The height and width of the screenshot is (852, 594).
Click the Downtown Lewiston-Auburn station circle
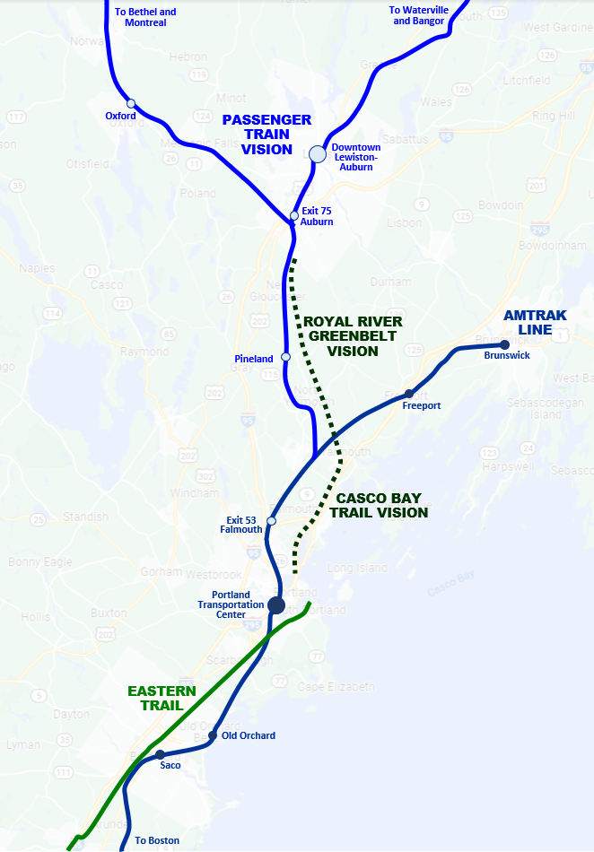click(318, 154)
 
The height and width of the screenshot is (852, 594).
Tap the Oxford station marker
click(131, 103)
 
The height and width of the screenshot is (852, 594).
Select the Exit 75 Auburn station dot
click(294, 215)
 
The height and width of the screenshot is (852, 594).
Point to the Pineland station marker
click(285, 357)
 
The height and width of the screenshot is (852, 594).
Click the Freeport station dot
click(409, 394)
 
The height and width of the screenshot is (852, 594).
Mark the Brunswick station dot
click(504, 344)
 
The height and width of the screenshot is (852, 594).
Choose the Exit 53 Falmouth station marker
click(272, 521)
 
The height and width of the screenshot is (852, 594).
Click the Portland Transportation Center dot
click(276, 604)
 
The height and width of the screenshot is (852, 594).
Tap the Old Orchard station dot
click(213, 735)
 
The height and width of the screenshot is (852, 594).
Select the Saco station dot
click(160, 754)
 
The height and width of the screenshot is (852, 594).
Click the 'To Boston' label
click(157, 840)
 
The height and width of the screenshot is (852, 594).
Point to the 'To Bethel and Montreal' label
click(145, 17)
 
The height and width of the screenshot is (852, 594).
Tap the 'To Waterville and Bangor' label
click(419, 15)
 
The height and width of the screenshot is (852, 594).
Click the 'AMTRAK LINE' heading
click(528, 322)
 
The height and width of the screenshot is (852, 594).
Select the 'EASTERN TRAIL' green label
click(162, 698)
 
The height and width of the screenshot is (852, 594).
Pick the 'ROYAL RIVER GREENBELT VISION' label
click(353, 336)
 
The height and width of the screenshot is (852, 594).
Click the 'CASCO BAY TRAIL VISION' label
click(379, 506)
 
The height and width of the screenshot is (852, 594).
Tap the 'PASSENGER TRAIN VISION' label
click(266, 135)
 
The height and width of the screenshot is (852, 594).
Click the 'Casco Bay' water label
click(450, 584)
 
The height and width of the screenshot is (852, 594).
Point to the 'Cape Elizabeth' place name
click(337, 687)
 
